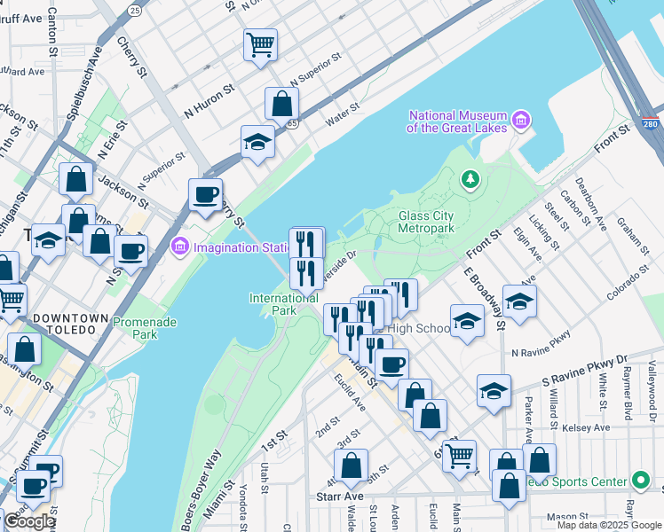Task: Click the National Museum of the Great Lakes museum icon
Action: click(520, 120)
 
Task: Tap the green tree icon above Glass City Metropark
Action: click(470, 180)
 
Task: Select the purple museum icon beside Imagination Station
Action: click(180, 246)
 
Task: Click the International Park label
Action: click(284, 304)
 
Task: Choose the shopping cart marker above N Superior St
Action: click(260, 43)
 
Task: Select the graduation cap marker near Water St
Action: click(257, 142)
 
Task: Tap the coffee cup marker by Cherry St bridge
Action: click(206, 195)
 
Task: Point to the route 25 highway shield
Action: click(134, 10)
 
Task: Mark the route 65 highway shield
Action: click(292, 123)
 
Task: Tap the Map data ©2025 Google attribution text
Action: click(609, 525)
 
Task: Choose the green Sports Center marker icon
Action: click(641, 481)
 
